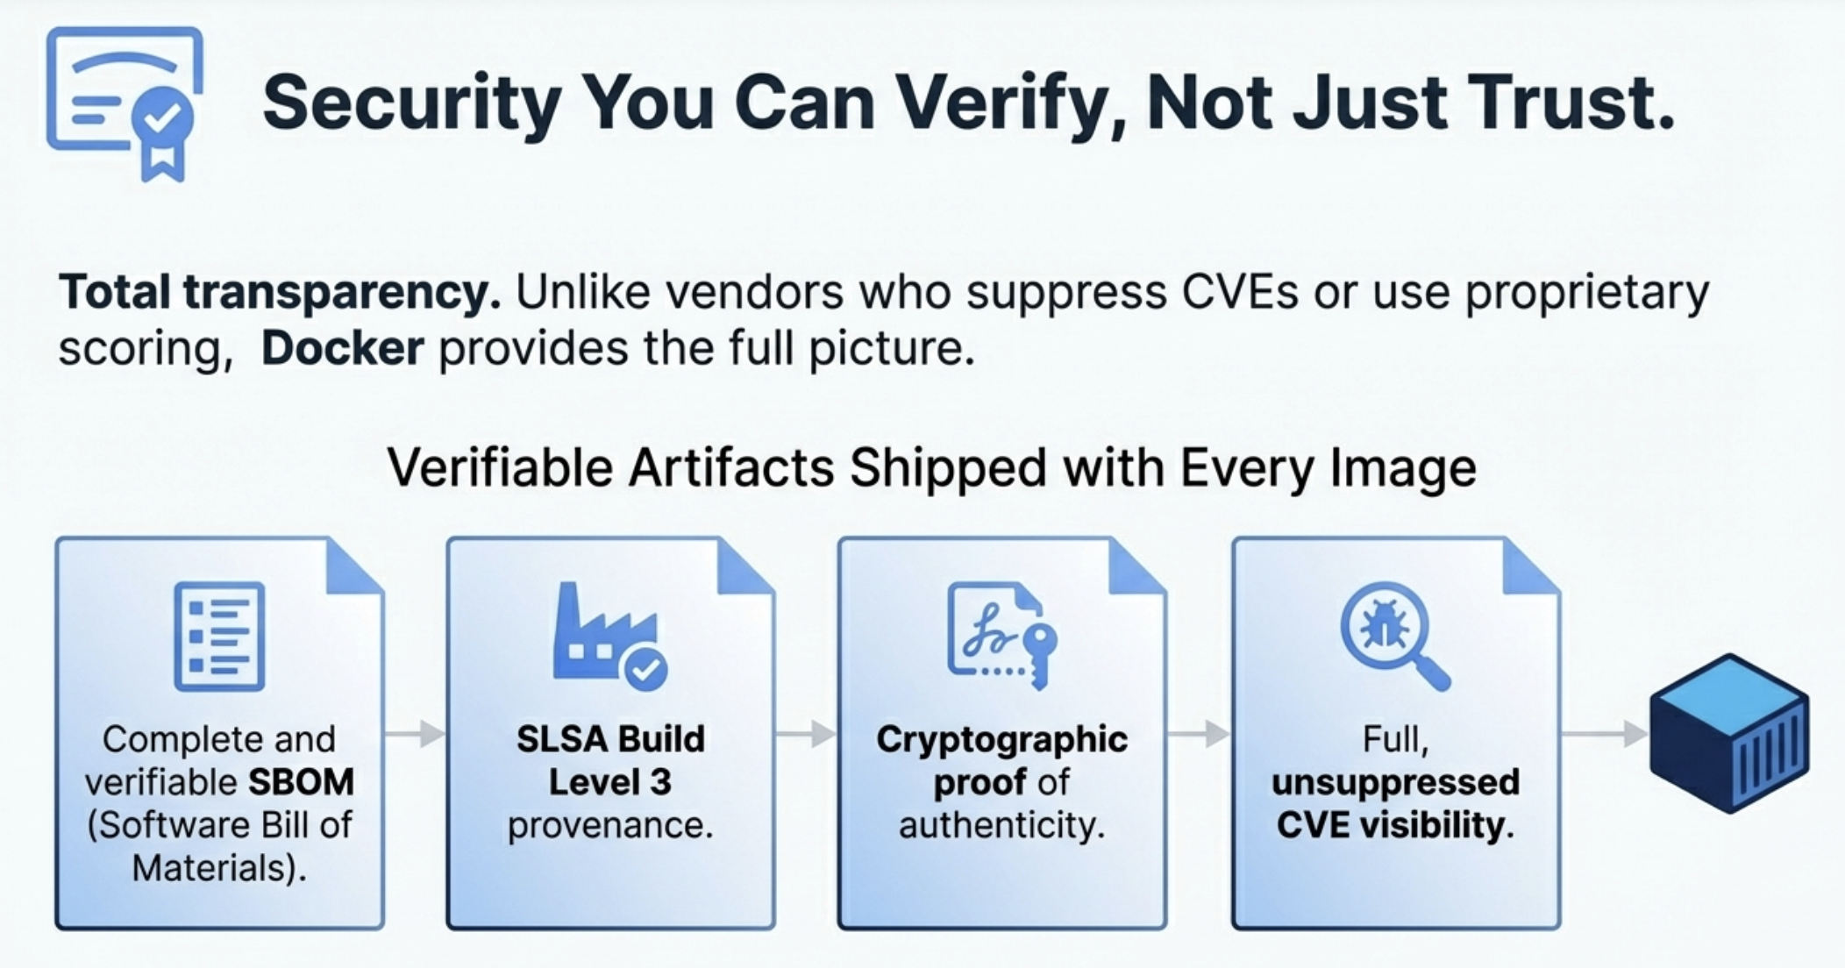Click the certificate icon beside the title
tap(125, 103)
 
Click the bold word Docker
tap(343, 348)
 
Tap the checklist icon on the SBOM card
tap(219, 636)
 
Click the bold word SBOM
tap(302, 782)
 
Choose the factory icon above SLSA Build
tap(609, 636)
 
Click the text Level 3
tap(610, 782)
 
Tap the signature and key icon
tap(1002, 636)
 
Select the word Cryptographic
tap(1002, 740)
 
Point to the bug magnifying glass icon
tap(1395, 636)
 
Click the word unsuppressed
tap(1395, 782)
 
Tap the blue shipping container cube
tap(1729, 733)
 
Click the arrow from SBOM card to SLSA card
tap(415, 734)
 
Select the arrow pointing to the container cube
tap(1605, 734)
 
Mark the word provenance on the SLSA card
tap(610, 826)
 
